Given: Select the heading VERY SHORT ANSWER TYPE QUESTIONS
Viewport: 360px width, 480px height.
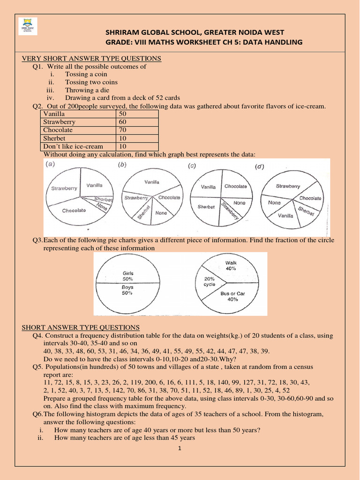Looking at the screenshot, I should pos(92,58).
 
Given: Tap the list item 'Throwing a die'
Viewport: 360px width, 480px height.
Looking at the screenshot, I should pos(86,90).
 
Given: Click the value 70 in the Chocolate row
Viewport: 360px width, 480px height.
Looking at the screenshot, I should pos(123,130).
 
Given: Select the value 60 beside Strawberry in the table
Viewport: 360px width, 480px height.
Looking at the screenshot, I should pos(123,122).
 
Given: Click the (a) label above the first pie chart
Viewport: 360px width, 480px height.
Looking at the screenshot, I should pos(50,165).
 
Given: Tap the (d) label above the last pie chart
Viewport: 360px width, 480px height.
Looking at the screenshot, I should pos(259,166).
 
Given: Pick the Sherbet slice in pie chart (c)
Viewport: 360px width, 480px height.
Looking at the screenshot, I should pos(206,206).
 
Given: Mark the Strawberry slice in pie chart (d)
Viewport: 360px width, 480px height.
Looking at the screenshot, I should pos(287,186).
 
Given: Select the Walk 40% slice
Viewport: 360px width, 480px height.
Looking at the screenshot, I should pos(231,266).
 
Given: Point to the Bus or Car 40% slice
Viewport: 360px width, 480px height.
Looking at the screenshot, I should pos(233,296).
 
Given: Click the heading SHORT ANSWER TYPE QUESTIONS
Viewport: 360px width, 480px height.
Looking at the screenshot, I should pos(81,327).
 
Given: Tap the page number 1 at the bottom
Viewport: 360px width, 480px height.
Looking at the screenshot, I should pos(179,448).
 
